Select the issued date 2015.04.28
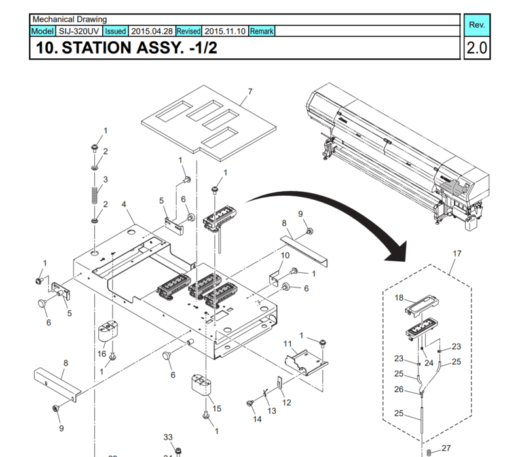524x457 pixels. coord(151,31)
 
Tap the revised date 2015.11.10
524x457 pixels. coord(225,31)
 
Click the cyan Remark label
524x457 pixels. coord(261,31)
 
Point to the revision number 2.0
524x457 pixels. coord(476,48)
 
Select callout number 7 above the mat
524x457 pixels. coord(250,91)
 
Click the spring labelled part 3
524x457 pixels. coord(96,194)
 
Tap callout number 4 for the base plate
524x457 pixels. coord(124,204)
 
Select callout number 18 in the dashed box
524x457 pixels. coord(399,298)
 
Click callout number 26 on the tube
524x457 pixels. coord(399,389)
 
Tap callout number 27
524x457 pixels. coord(446,448)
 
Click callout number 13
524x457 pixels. coord(272,411)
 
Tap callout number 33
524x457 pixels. coord(168,437)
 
